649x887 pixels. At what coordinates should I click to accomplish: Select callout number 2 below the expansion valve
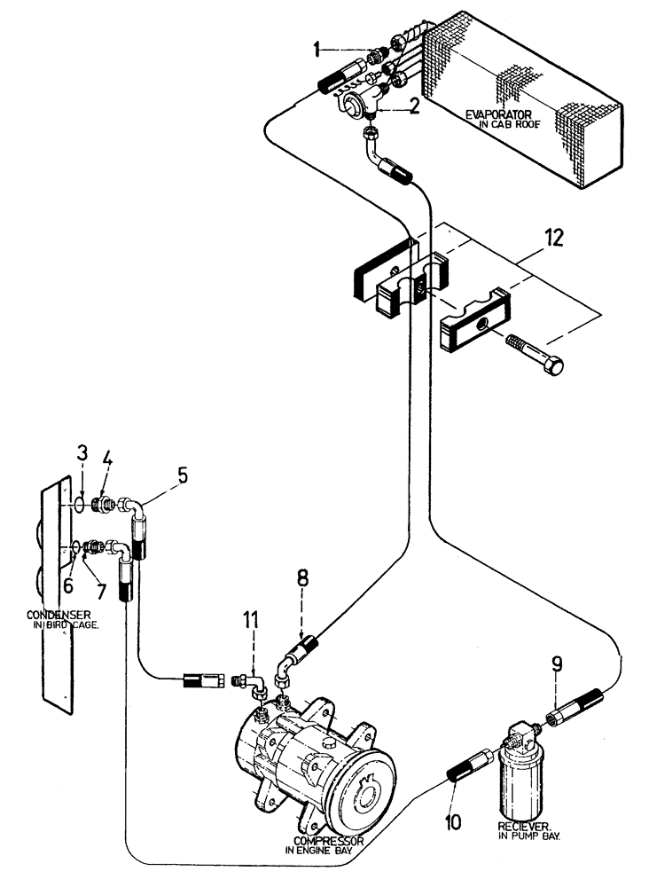(414, 107)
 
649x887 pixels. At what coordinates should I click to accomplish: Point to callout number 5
(183, 475)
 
